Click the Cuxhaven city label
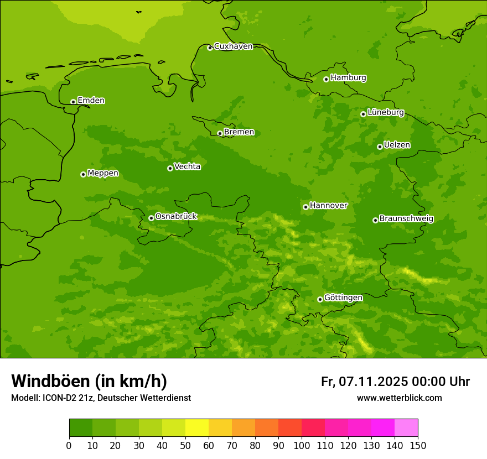[x=233, y=46]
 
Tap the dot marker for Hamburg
[x=326, y=79]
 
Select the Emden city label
[x=91, y=101]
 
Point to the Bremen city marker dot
[x=220, y=133]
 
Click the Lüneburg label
[x=385, y=112]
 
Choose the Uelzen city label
[x=397, y=145]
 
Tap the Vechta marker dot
[x=170, y=168]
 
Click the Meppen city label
[x=103, y=173]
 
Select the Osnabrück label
[x=176, y=216]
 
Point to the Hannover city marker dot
[x=305, y=207]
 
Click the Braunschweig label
[x=406, y=218]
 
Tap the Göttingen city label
[x=343, y=298]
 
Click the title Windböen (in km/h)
[x=89, y=381]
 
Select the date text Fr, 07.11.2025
[x=364, y=382]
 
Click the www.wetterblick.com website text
[x=399, y=398]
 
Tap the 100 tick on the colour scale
[x=302, y=445]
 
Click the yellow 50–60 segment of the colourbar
[x=197, y=428]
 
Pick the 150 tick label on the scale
[x=418, y=445]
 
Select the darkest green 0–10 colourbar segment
[x=81, y=428]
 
